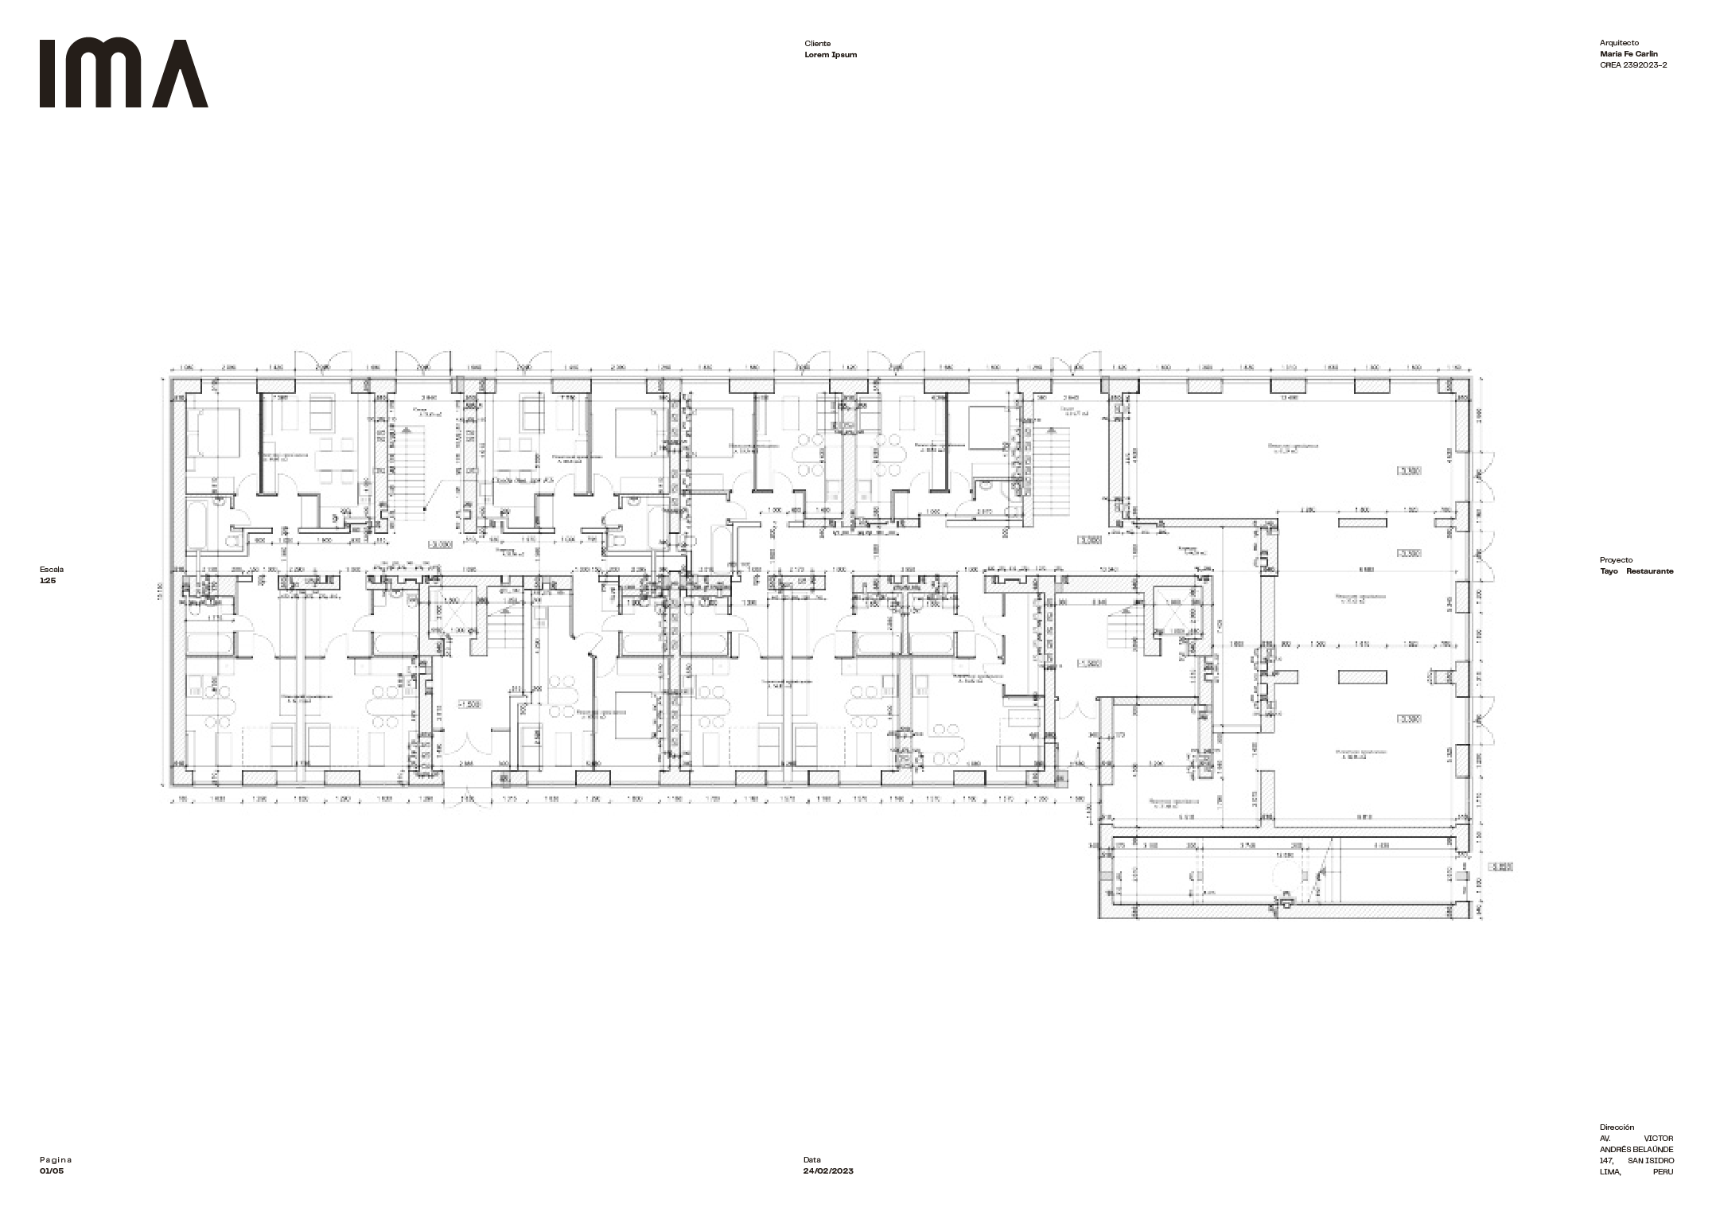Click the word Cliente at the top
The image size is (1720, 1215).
click(x=817, y=44)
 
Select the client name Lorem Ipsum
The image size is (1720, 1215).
click(x=831, y=55)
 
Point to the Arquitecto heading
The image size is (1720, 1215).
click(x=1619, y=43)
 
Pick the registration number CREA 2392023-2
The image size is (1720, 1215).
click(x=1633, y=65)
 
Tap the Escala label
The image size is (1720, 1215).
click(x=52, y=570)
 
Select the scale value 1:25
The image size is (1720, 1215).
click(x=48, y=581)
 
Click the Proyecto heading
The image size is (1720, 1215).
click(x=1616, y=560)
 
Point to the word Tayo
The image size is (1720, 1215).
click(x=1610, y=571)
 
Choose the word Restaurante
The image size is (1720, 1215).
click(x=1649, y=571)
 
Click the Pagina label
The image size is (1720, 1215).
click(x=56, y=1160)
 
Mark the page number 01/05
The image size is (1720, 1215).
click(x=52, y=1171)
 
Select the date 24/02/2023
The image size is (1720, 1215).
click(x=828, y=1171)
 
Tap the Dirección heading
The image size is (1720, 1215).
click(x=1617, y=1127)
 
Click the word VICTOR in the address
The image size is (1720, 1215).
click(x=1658, y=1139)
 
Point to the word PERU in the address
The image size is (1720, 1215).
click(x=1662, y=1172)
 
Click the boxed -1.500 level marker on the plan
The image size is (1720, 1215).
click(x=470, y=704)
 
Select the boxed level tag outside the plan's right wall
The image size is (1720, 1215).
click(x=1500, y=867)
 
